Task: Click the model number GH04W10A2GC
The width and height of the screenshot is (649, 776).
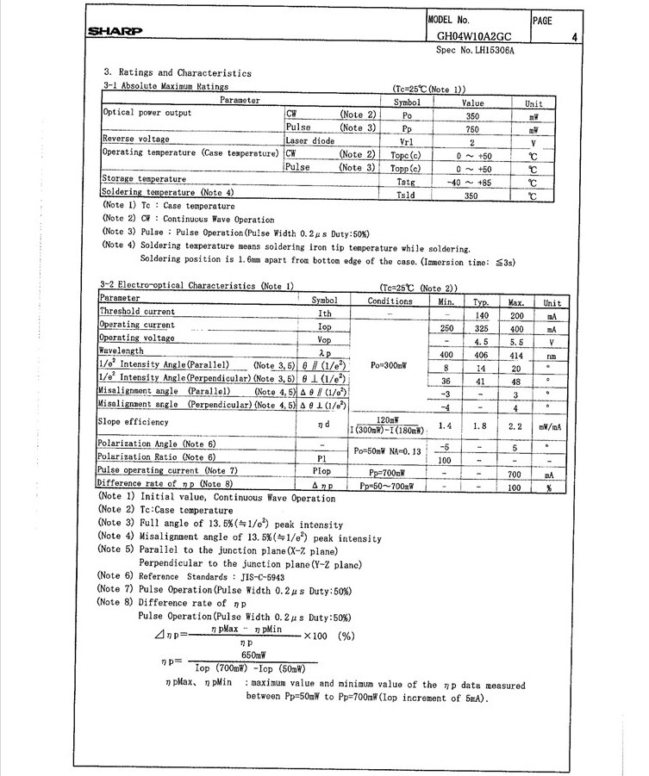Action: [x=475, y=37]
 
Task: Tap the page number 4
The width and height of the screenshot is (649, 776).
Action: [x=573, y=37]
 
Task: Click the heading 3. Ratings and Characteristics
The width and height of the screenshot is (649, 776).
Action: [x=178, y=73]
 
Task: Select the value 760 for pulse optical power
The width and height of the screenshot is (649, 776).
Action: [x=472, y=128]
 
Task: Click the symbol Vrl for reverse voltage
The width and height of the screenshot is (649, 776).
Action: [x=408, y=142]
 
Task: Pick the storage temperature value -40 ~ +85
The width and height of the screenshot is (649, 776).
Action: [x=472, y=183]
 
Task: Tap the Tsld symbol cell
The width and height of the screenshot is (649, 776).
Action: [x=406, y=196]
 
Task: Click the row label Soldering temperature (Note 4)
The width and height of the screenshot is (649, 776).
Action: [x=168, y=193]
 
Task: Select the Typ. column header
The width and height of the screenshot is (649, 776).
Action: [x=480, y=302]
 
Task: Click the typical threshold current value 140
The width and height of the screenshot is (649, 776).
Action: [x=481, y=316]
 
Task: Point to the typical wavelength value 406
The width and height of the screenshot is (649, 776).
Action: [x=481, y=354]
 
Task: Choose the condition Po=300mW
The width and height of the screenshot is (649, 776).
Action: [x=389, y=366]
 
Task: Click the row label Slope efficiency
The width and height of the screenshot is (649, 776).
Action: [x=134, y=422]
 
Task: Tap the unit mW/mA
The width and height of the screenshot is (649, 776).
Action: [x=551, y=425]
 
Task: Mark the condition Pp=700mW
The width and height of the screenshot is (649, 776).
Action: [x=388, y=474]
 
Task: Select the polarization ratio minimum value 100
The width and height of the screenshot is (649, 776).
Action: [x=445, y=460]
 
